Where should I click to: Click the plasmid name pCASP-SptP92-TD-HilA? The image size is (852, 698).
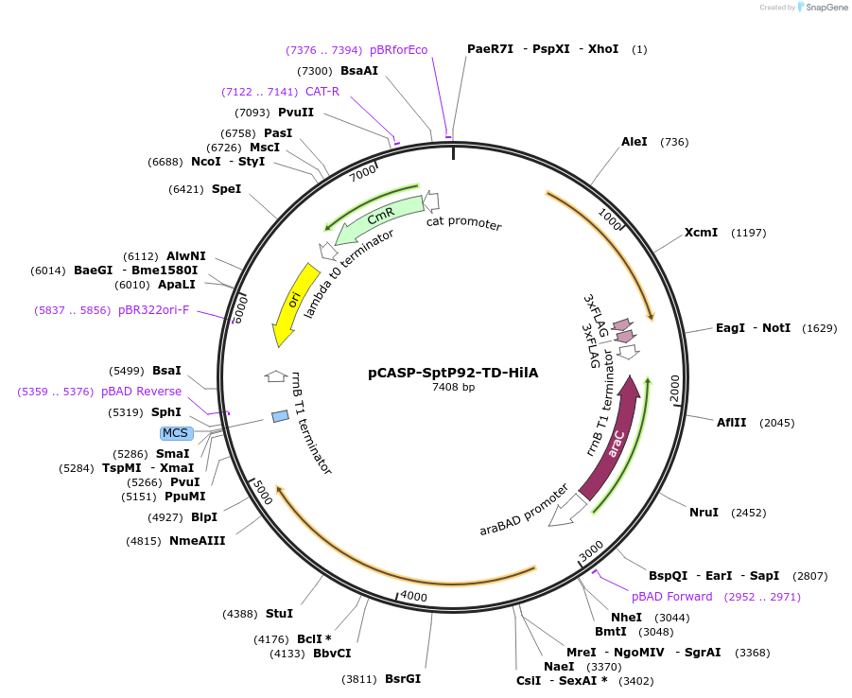click(453, 373)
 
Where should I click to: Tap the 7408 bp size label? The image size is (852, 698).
click(453, 387)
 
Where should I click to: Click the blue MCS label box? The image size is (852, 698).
click(176, 433)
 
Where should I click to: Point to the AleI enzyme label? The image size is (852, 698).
click(635, 142)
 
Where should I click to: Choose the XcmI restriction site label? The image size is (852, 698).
click(701, 233)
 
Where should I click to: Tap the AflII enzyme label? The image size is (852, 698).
click(732, 423)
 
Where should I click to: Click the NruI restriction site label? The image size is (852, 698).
click(704, 513)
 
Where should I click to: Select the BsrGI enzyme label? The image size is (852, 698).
click(403, 679)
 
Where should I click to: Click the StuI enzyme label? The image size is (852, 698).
click(280, 614)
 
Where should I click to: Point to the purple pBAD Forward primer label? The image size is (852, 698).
click(672, 597)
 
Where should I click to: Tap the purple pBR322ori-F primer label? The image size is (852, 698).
click(153, 310)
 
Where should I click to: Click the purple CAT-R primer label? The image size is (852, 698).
click(322, 92)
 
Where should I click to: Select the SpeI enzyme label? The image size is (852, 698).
click(226, 189)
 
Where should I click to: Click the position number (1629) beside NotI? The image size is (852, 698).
click(818, 328)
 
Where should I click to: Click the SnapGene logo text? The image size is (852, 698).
click(826, 8)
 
